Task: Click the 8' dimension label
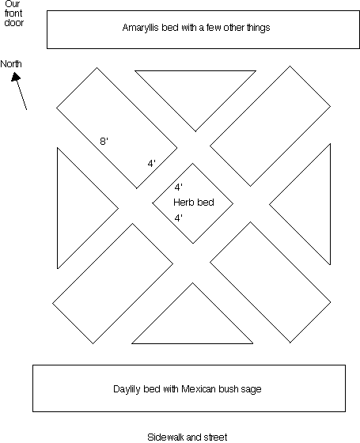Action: tap(104, 141)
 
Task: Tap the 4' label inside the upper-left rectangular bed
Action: tap(151, 163)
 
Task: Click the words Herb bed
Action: tap(194, 203)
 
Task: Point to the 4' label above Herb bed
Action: tap(179, 187)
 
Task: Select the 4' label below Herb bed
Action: tap(179, 218)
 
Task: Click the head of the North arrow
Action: tap(16, 77)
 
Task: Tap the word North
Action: tap(11, 64)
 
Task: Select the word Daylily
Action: tap(127, 389)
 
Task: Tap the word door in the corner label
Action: tap(14, 23)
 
